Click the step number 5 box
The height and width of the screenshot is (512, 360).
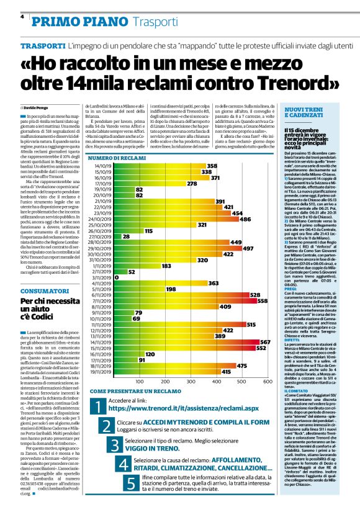point(131,483)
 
